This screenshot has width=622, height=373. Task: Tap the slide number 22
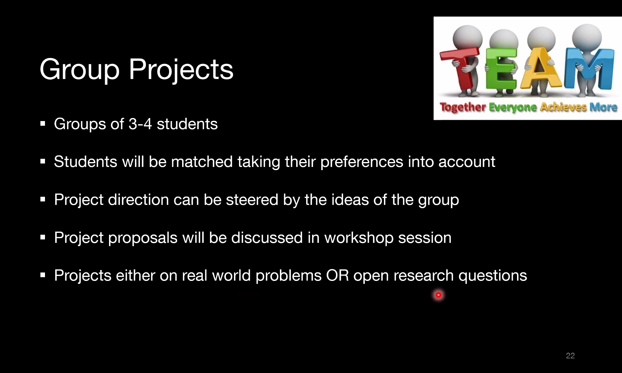pos(570,356)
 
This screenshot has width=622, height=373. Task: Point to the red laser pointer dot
pos(438,295)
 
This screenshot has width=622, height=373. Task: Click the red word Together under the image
pos(463,107)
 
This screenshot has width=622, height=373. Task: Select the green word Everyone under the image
pos(513,107)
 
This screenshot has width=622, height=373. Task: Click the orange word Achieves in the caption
pos(563,107)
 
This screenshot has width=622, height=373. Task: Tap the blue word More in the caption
pos(603,107)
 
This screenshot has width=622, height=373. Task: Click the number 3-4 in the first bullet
pos(140,124)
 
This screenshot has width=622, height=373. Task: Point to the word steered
pos(252,200)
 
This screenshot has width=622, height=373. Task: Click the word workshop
pos(359,238)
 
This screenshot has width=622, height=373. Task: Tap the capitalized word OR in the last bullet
pos(337,276)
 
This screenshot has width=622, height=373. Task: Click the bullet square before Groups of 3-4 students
pos(43,124)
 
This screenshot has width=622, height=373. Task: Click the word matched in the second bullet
pos(202,162)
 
